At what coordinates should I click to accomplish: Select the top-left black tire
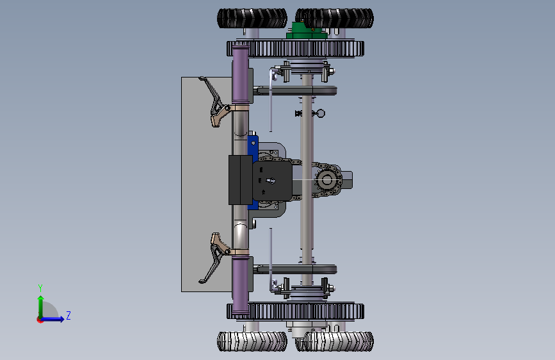click(x=252, y=18)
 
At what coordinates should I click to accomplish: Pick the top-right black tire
click(x=335, y=18)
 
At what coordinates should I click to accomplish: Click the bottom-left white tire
click(x=252, y=341)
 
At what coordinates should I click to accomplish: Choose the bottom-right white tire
click(x=335, y=341)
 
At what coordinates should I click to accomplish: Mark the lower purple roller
click(x=241, y=285)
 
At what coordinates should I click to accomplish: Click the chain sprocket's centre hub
click(x=326, y=180)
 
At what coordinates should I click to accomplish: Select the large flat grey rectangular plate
click(x=207, y=184)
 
